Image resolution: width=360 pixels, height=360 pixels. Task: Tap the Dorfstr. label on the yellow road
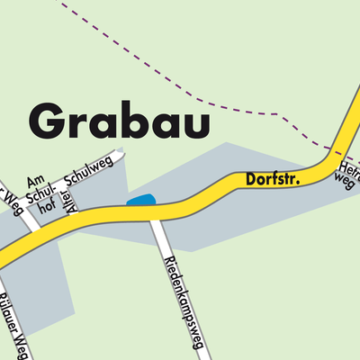[x=273, y=180]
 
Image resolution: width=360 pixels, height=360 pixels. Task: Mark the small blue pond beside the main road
[x=140, y=200]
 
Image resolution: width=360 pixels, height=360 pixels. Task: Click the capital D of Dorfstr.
[x=251, y=183]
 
